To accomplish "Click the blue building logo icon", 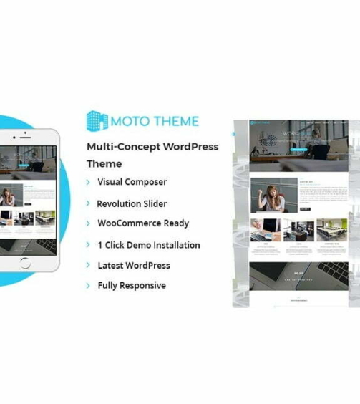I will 97,120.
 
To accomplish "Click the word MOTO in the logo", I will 132,121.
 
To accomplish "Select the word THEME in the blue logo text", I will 175,121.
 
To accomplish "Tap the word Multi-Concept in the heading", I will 122,146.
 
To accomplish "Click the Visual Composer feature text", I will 132,183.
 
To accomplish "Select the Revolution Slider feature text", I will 132,203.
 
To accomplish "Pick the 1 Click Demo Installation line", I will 149,244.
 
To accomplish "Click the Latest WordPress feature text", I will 134,265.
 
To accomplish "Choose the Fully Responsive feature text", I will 132,285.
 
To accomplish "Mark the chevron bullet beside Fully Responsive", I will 88,286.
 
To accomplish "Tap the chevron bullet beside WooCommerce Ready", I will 88,224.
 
